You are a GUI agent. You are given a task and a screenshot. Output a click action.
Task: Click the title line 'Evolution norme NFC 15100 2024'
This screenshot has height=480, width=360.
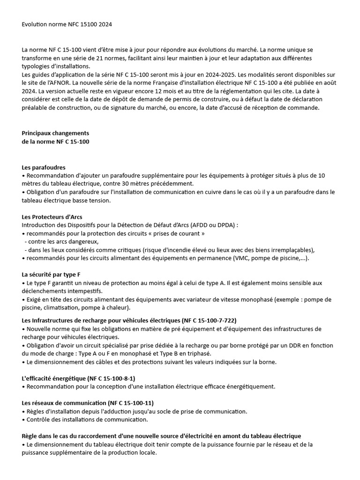pos(67,24)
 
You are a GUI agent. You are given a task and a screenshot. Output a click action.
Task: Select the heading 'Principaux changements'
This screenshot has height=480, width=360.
pos(55,133)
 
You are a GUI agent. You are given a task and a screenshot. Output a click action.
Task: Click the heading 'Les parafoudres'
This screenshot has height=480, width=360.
pos(44,167)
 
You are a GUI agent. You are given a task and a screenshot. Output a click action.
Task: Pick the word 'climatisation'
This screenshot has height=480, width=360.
pos(61,308)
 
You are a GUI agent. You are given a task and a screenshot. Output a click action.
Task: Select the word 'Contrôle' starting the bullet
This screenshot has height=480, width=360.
pos(40,420)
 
